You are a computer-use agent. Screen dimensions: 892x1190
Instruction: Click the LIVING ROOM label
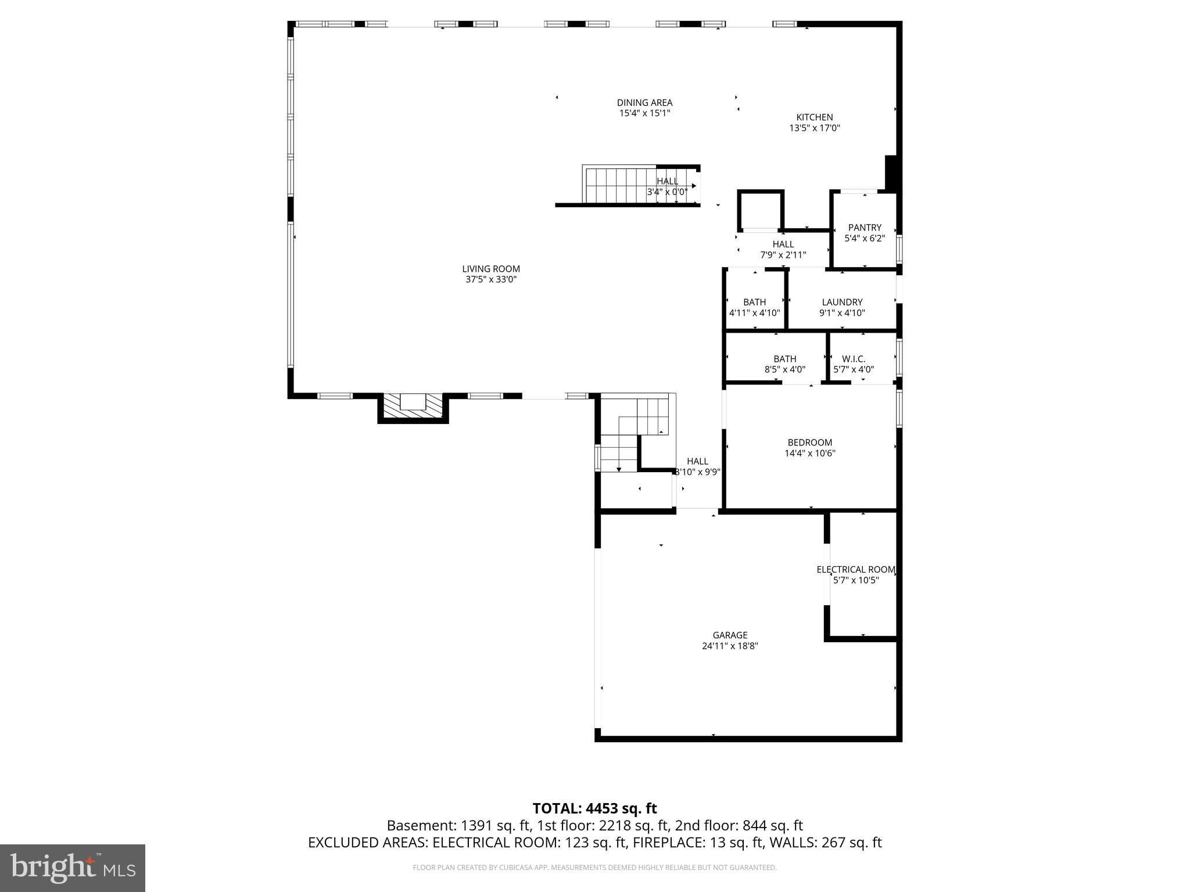pos(491,269)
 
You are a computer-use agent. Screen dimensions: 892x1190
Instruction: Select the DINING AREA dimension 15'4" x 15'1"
pos(644,113)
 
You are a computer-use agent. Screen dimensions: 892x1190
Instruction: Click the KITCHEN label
pos(814,117)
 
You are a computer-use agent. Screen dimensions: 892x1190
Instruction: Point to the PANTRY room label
pos(865,228)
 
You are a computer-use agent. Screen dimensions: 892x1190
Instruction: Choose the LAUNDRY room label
pos(842,302)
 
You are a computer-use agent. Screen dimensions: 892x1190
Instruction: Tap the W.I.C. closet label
pos(854,359)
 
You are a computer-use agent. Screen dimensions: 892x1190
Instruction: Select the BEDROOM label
pos(809,443)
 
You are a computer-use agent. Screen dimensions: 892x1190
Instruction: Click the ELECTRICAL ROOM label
pos(856,570)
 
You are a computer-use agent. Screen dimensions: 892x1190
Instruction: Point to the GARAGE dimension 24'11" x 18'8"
pos(730,646)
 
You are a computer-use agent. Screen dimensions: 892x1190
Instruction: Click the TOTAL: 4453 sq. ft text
pos(594,808)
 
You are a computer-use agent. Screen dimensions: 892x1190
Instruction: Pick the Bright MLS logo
pos(73,868)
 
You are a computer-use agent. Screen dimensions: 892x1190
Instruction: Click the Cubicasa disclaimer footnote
pos(594,868)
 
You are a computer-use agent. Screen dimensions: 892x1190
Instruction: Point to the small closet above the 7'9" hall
pos(761,211)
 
